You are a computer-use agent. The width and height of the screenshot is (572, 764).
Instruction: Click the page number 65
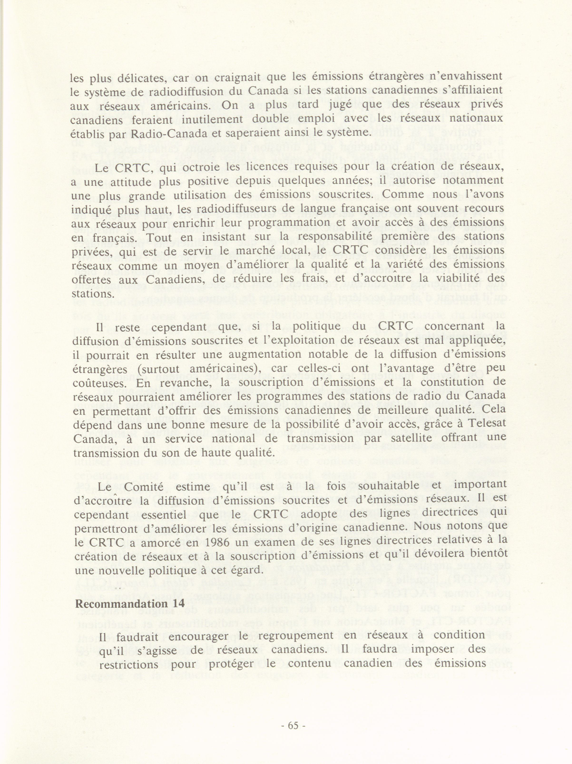coord(293,725)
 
